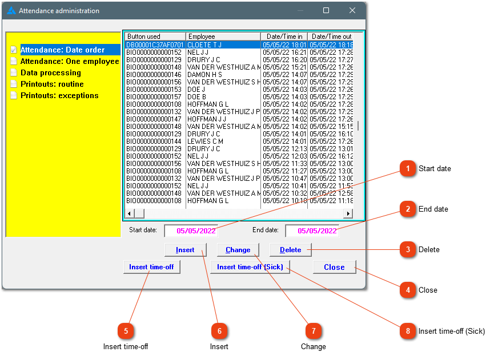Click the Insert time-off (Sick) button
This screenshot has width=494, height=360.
pyautogui.click(x=250, y=267)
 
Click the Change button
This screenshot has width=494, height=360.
pyautogui.click(x=238, y=250)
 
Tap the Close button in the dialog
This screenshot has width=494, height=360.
pyautogui.click(x=334, y=267)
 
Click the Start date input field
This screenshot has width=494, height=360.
pyautogui.click(x=191, y=230)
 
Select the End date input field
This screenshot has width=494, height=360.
pyautogui.click(x=312, y=230)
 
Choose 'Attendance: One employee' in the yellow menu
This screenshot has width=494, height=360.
pyautogui.click(x=70, y=62)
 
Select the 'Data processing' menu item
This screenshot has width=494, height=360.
pyautogui.click(x=51, y=72)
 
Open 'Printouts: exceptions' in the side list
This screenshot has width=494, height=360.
pyautogui.click(x=59, y=95)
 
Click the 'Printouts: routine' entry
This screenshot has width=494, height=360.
pyautogui.click(x=52, y=84)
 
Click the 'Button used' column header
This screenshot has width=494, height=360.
pyautogui.click(x=155, y=37)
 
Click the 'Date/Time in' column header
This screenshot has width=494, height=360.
pyautogui.click(x=284, y=37)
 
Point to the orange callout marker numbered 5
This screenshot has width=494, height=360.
pyautogui.click(x=126, y=331)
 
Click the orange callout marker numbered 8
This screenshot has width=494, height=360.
pyautogui.click(x=408, y=331)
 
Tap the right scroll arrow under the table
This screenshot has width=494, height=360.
pyautogui.click(x=348, y=214)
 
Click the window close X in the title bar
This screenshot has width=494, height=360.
pyautogui.click(x=352, y=10)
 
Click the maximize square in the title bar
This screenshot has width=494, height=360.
pyautogui.click(x=326, y=10)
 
